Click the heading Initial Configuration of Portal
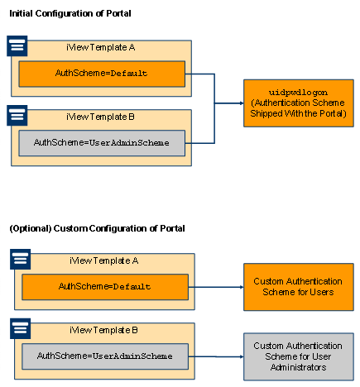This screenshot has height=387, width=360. point(70,13)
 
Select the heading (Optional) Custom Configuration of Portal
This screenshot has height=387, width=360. point(97,228)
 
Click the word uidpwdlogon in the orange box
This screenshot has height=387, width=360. point(298,93)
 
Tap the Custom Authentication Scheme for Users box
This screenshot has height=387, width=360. point(299,287)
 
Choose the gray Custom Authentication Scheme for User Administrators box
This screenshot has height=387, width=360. point(299,356)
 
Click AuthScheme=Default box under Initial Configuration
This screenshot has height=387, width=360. point(102,74)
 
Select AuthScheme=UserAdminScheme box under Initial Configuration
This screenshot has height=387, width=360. point(102,143)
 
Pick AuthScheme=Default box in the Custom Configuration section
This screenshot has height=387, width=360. point(105,287)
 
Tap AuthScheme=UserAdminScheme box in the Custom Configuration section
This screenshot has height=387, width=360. point(105,356)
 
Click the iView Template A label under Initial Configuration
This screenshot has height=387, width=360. point(101,47)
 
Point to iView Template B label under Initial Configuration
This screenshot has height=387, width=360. point(100,117)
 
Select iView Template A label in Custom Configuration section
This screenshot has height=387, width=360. point(104,260)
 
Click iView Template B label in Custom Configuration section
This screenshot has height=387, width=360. point(103,330)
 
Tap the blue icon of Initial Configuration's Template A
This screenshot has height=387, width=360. point(17,45)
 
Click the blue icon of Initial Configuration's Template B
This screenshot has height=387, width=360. point(17,115)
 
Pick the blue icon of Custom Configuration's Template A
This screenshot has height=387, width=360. point(21,259)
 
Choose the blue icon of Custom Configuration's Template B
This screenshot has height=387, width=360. point(21,328)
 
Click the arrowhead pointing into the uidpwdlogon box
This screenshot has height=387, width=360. point(242,103)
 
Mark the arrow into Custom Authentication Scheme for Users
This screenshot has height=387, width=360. point(216,287)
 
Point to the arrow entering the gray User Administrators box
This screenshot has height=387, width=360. point(216,356)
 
